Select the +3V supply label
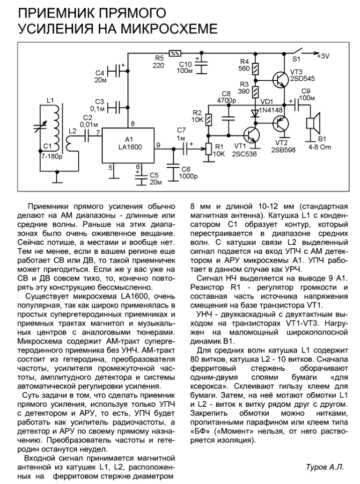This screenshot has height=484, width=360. coord(322,56)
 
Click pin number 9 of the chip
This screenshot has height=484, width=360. coord(158,145)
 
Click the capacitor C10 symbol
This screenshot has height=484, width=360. coord(203,65)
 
